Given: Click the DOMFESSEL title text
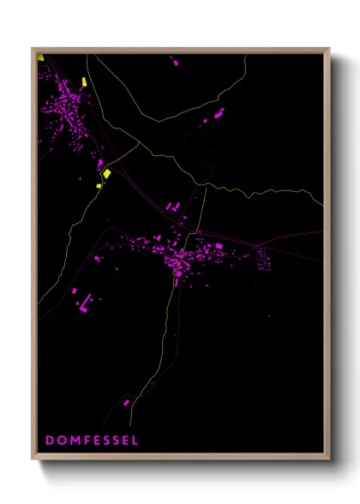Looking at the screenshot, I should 91,440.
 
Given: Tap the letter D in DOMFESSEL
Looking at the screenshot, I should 49,440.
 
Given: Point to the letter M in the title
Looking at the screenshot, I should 73,440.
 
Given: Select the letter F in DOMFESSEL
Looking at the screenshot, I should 85,440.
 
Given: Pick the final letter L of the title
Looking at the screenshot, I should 134,440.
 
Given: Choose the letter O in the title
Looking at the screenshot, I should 60,440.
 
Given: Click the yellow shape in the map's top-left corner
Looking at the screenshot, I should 40,58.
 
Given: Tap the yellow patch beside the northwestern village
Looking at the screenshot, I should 84,82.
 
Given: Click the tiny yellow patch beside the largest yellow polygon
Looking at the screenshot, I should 99,183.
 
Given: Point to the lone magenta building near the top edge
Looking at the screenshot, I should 176,63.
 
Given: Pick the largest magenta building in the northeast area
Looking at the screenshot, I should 218,113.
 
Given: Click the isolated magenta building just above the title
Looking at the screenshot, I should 126,402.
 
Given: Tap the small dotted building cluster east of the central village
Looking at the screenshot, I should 262,260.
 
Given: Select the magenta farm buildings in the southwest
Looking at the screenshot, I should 84,299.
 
